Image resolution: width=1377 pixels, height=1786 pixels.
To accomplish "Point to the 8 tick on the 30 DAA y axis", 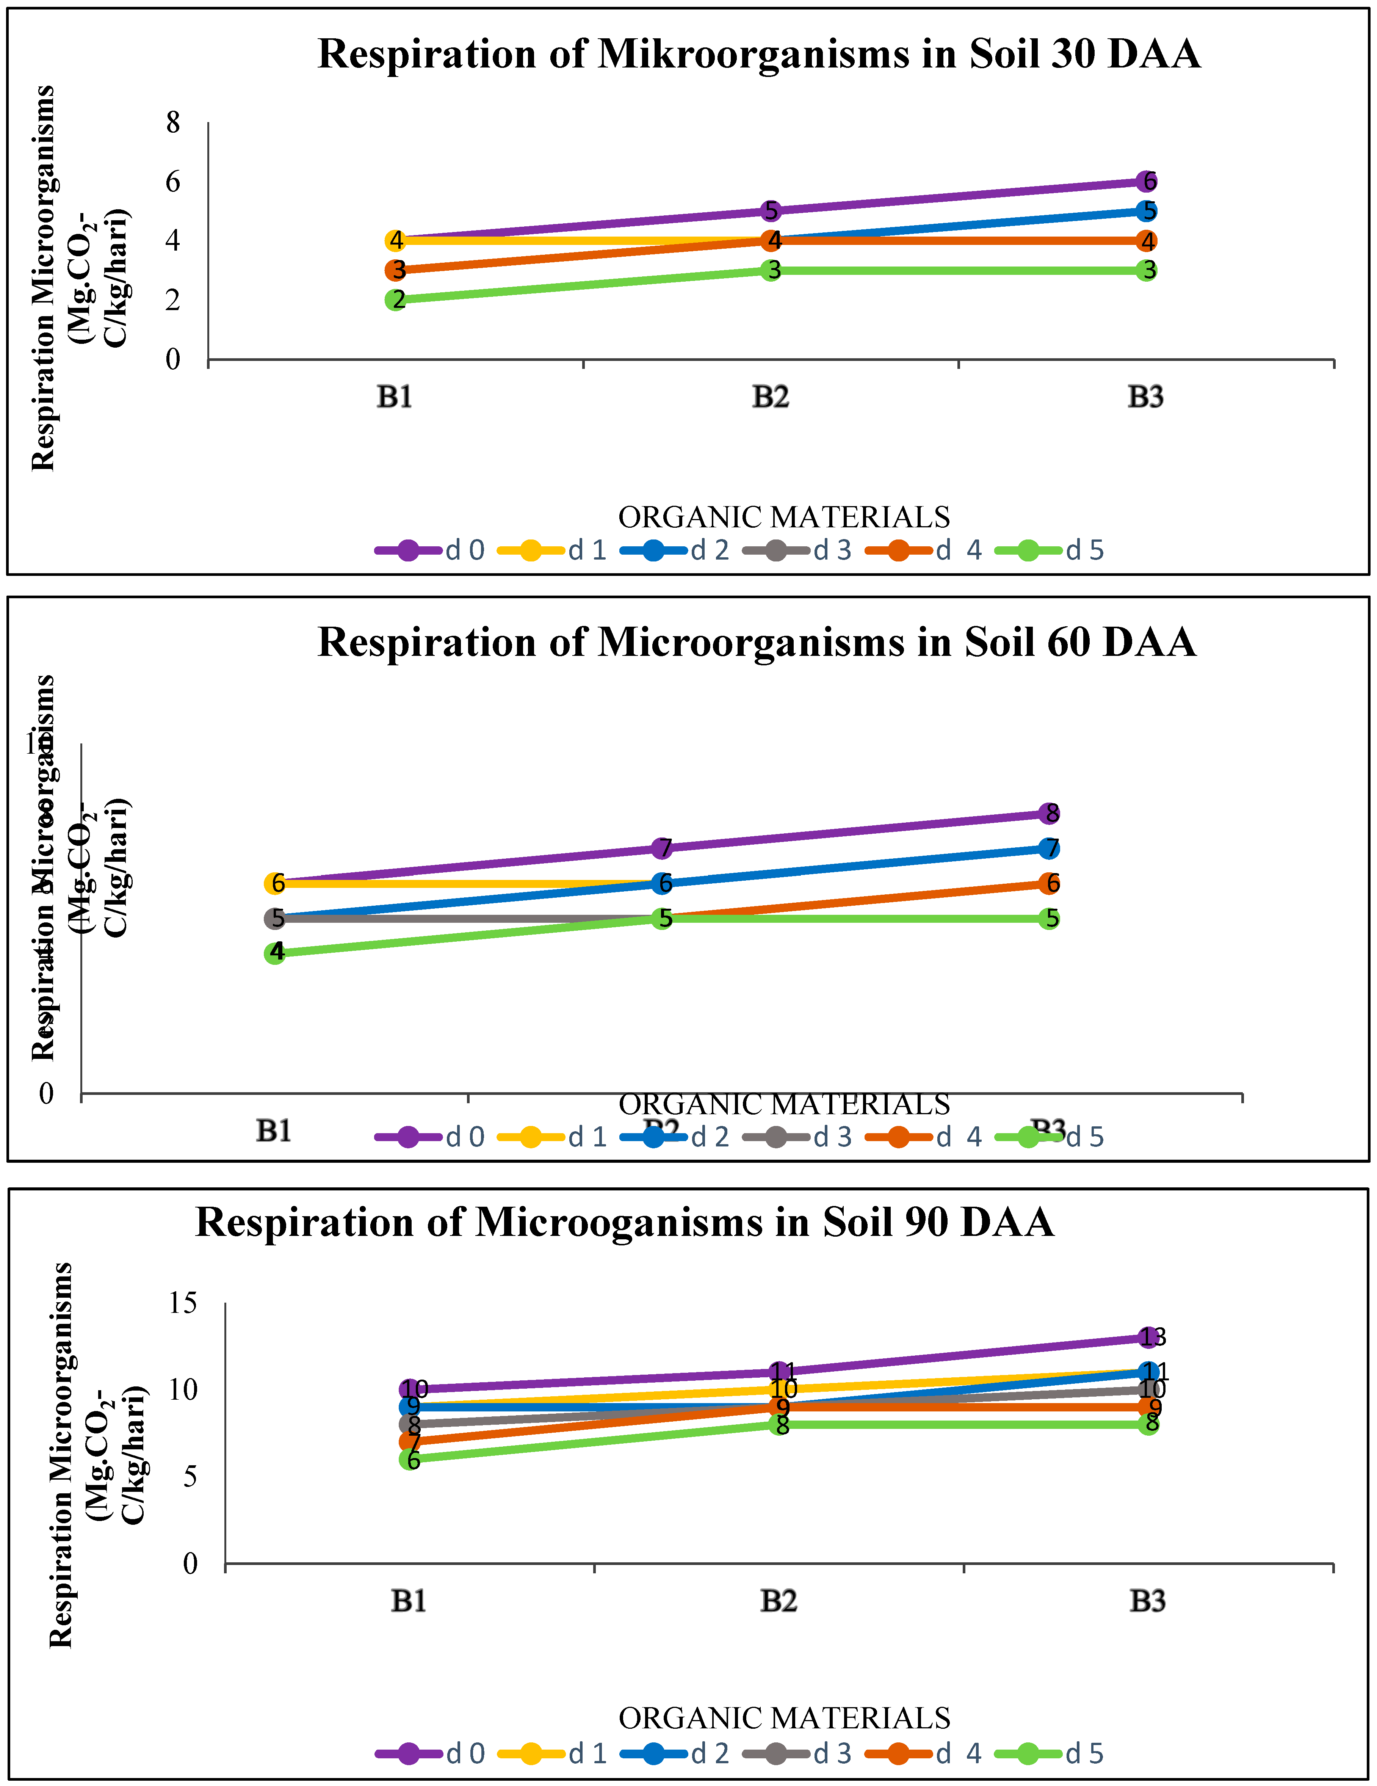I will point(172,123).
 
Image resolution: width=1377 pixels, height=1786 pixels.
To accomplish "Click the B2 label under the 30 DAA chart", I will point(770,397).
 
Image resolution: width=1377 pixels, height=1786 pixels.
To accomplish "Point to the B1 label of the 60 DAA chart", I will point(274,1131).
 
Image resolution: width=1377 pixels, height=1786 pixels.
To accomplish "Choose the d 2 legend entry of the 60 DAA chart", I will point(675,1137).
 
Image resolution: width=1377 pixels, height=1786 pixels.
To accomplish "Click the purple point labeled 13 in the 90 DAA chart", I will point(1149,1338).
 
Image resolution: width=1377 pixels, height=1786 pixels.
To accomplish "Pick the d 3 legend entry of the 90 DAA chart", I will point(797,1753).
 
